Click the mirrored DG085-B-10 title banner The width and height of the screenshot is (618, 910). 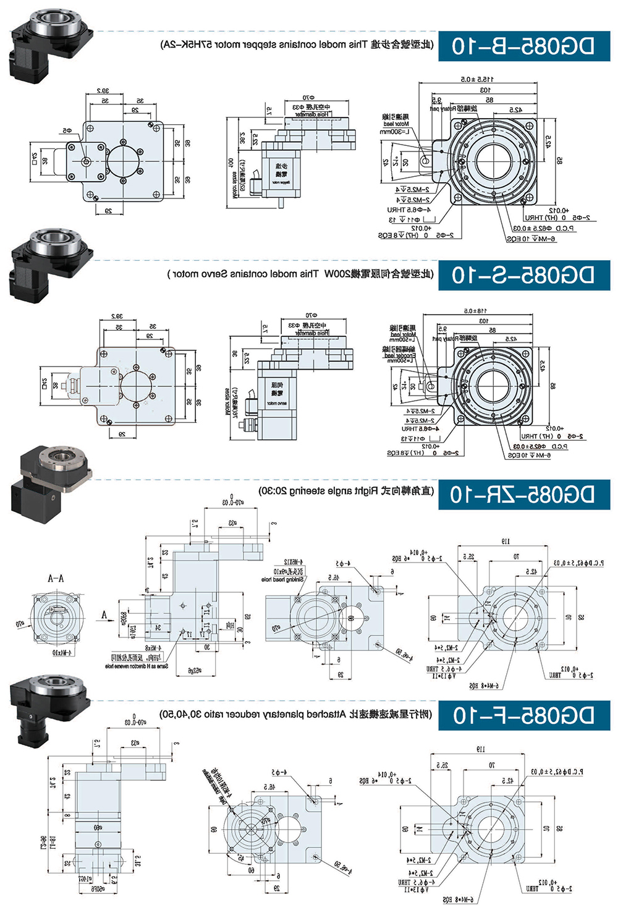524,46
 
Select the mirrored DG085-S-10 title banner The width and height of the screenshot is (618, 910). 524,275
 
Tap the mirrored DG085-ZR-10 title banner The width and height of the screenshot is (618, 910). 524,495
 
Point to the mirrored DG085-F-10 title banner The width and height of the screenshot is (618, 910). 524,715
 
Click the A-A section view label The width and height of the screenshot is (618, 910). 56,579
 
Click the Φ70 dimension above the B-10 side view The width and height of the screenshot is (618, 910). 308,98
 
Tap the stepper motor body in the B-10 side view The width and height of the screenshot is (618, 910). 281,171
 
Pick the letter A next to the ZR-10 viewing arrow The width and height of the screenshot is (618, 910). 104,614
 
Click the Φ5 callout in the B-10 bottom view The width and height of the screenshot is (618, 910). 66,131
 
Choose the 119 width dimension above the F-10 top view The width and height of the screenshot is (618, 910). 480,749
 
